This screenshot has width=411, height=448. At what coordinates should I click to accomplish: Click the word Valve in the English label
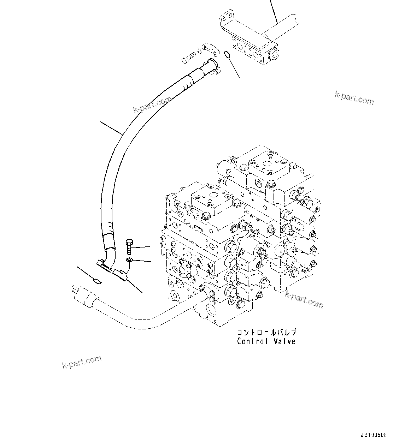284,341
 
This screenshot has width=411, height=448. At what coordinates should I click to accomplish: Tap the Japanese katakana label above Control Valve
266,332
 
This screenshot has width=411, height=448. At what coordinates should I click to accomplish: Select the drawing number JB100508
374,435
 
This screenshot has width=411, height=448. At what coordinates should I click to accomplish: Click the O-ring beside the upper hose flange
227,54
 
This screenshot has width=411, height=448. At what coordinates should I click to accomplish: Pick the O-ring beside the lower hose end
96,281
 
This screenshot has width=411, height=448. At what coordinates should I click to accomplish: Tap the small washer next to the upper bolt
200,52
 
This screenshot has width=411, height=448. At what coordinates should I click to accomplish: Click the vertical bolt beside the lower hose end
129,246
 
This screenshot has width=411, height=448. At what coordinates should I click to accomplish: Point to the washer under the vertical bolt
129,261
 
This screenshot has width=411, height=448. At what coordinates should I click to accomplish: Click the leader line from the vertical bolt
141,248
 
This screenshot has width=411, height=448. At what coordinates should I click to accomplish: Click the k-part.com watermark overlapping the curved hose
152,105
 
